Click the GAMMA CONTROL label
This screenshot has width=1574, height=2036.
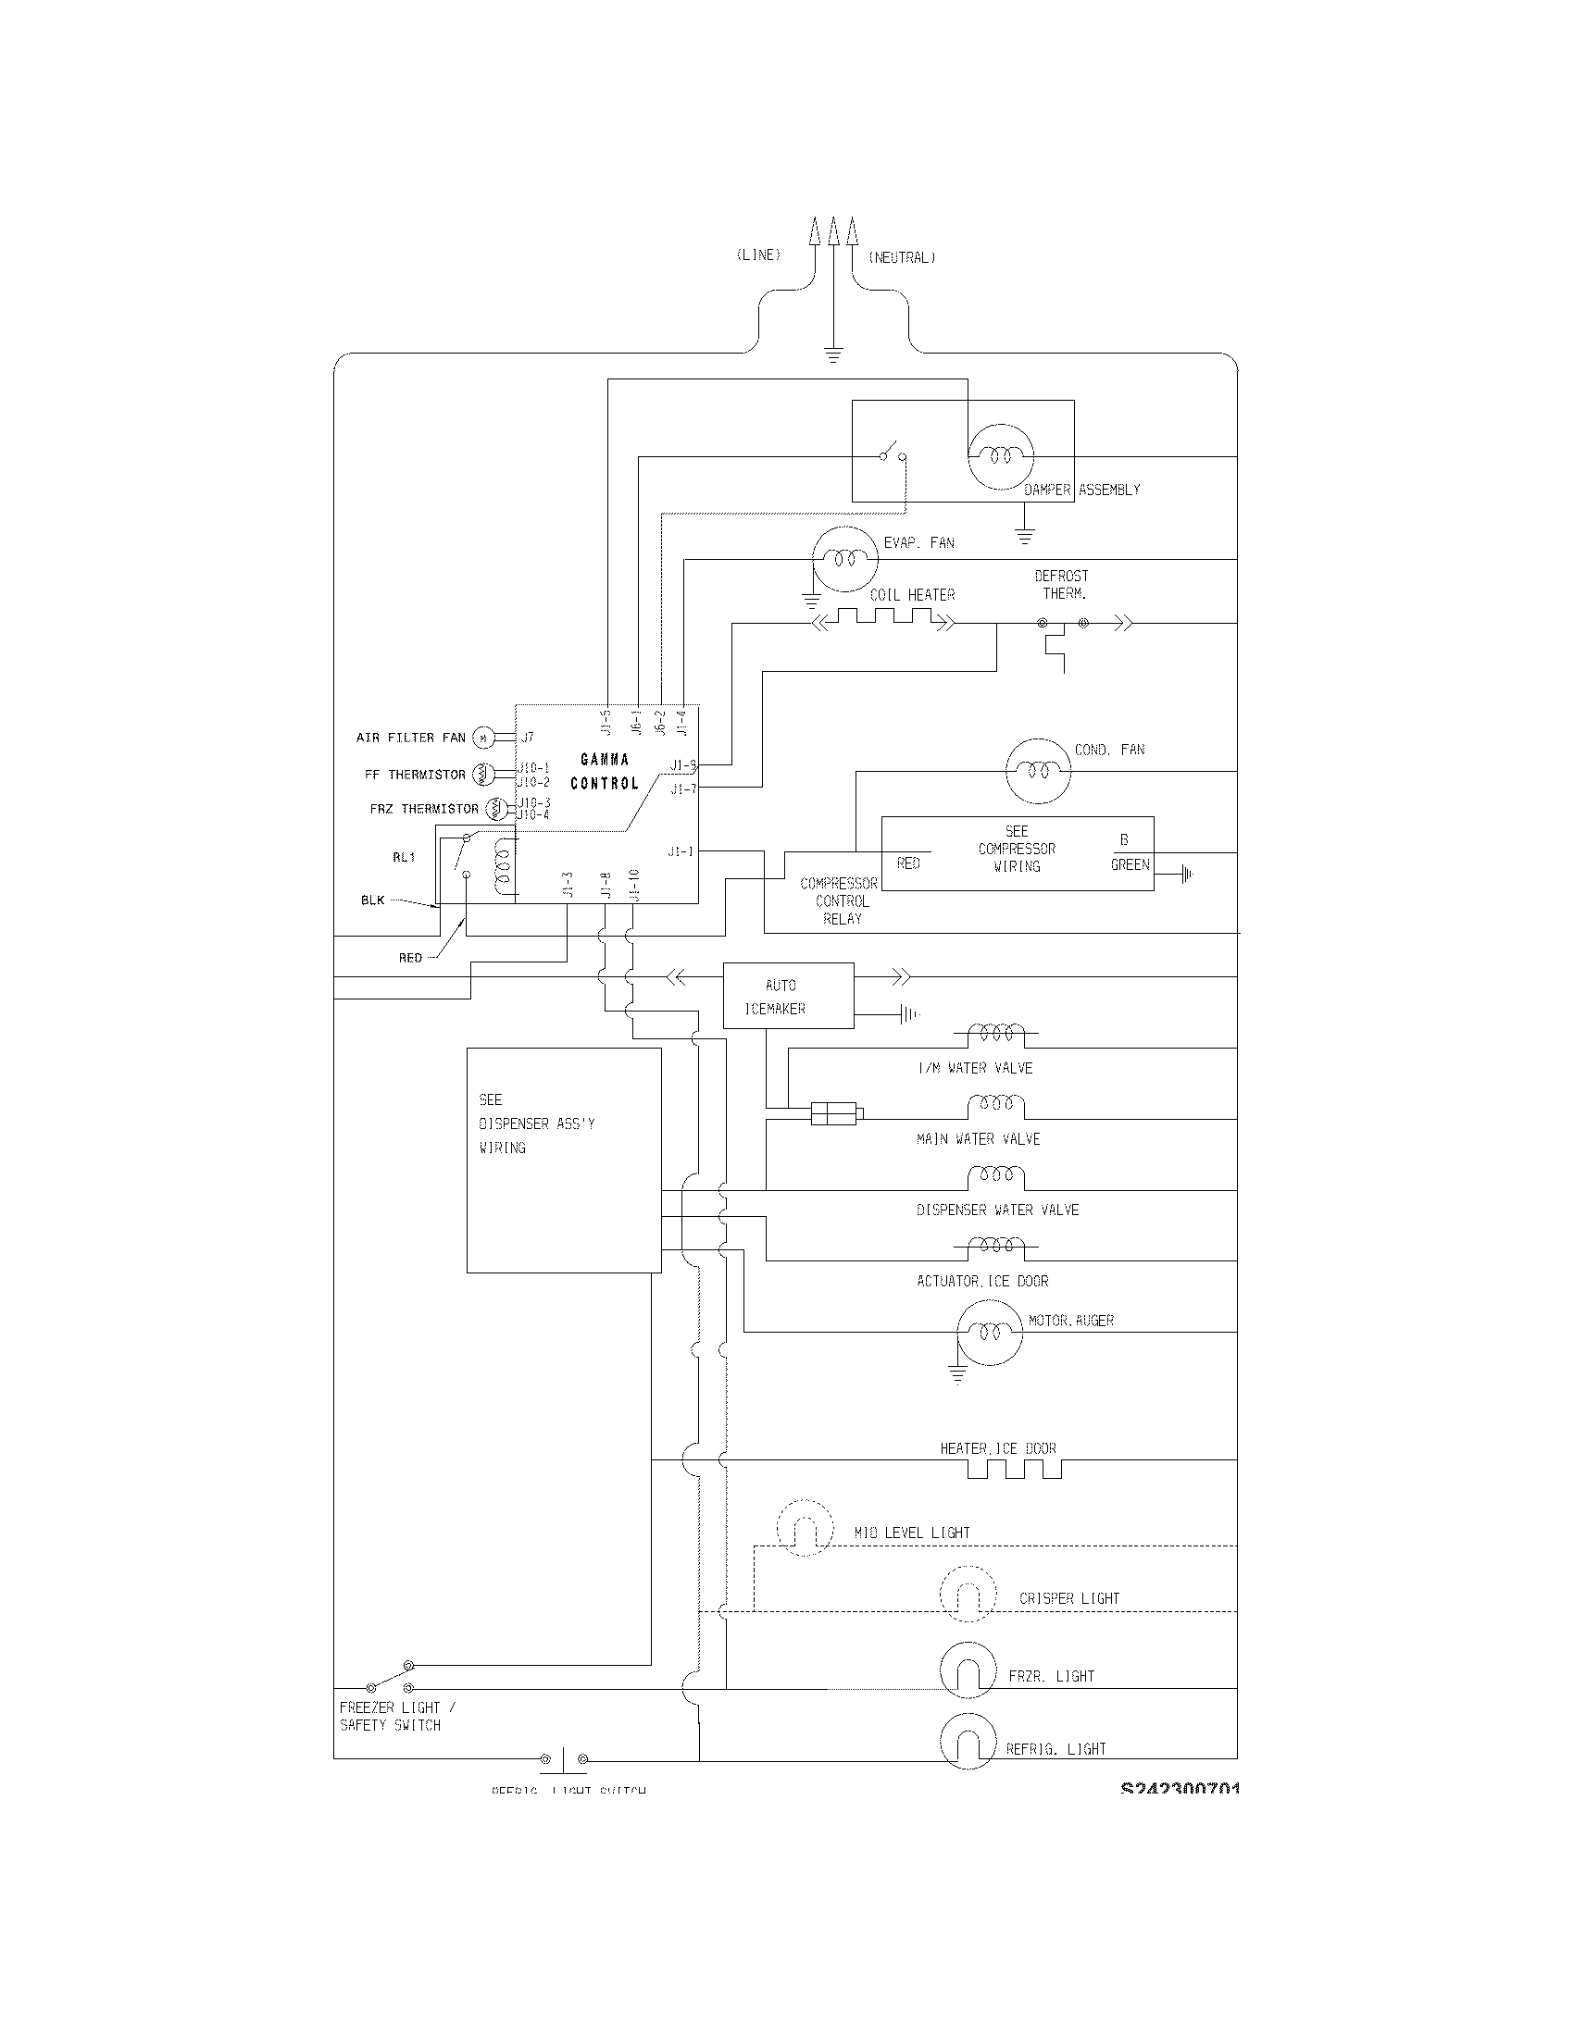[605, 771]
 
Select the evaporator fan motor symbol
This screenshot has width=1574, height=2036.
[844, 558]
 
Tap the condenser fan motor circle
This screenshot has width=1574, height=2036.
[1038, 771]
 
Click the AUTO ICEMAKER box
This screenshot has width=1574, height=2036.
[788, 996]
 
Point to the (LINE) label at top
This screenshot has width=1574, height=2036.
[758, 255]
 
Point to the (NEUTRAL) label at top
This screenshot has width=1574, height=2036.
[901, 257]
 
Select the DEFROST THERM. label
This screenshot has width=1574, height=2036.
[1062, 585]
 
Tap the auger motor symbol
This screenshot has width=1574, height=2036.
[991, 1332]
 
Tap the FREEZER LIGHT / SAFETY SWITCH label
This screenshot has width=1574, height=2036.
[396, 1716]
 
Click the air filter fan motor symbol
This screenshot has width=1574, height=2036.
[482, 738]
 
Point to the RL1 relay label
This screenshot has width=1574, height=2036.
[404, 857]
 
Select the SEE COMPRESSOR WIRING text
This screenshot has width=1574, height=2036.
[1017, 849]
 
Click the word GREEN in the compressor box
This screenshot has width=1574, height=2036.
[1130, 864]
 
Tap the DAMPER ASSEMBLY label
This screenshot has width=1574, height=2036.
[1081, 490]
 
